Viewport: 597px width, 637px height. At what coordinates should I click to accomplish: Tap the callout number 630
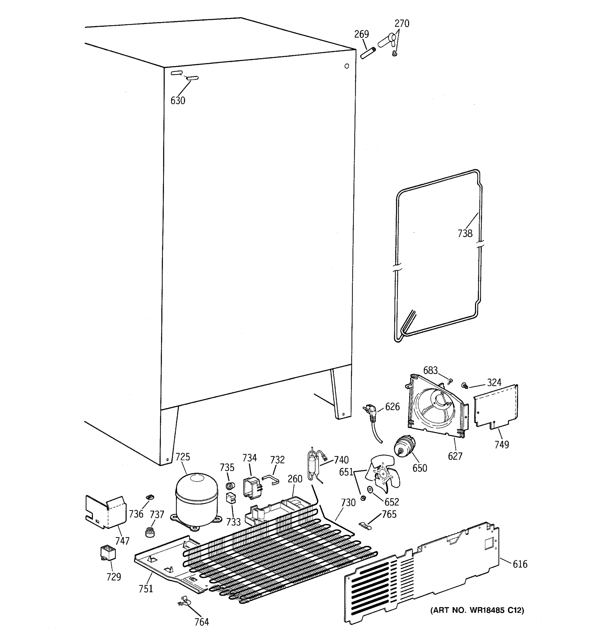178,101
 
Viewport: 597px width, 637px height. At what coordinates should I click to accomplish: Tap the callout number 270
402,23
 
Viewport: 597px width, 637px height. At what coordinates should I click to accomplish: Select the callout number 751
146,589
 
